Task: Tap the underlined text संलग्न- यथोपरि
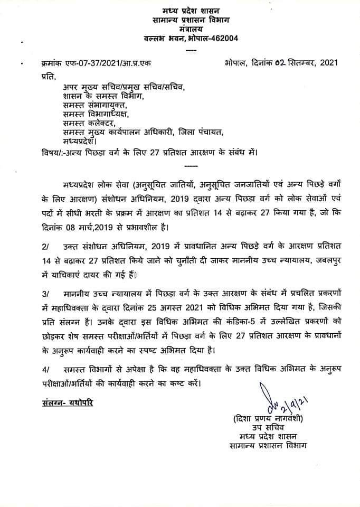(63, 401)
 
